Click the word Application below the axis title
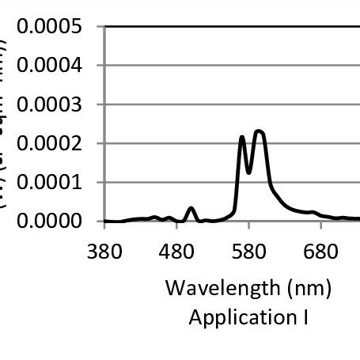tap(240, 317)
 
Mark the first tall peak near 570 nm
tap(242, 138)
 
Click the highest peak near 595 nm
tap(259, 131)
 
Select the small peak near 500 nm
tap(191, 208)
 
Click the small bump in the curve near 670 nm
tap(313, 212)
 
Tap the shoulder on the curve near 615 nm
tap(273, 188)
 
